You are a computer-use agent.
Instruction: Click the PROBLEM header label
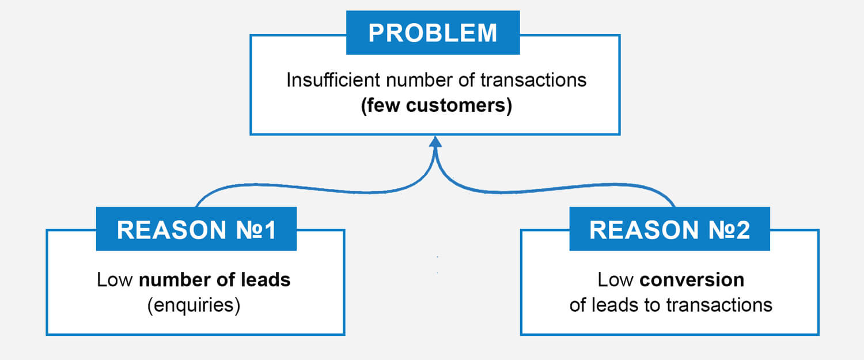pyautogui.click(x=433, y=33)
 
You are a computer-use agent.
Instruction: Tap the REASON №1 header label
pyautogui.click(x=196, y=229)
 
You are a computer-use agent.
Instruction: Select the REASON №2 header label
pyautogui.click(x=669, y=229)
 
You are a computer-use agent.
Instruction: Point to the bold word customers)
pyautogui.click(x=459, y=105)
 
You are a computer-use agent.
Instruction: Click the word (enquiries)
pyautogui.click(x=194, y=306)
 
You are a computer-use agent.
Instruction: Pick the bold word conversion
pyautogui.click(x=692, y=280)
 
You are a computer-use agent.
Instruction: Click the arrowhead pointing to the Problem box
pyautogui.click(x=435, y=142)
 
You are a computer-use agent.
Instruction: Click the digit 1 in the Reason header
pyautogui.click(x=270, y=230)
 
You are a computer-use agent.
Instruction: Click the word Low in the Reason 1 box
pyautogui.click(x=115, y=280)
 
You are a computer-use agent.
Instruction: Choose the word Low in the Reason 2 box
pyautogui.click(x=616, y=280)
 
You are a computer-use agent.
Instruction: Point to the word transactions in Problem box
pyautogui.click(x=533, y=80)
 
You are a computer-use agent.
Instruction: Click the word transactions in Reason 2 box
pyautogui.click(x=719, y=305)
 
